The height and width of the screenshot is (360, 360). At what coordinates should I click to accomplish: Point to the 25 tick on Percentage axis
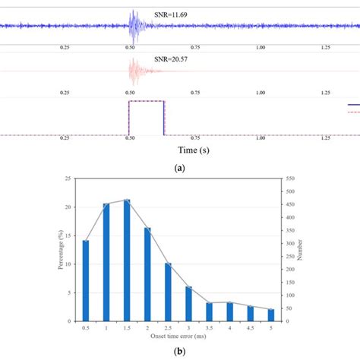click(x=70, y=178)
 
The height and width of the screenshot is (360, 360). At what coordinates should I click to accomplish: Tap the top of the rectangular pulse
click(x=147, y=100)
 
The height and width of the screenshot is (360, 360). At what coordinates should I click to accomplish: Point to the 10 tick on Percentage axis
click(x=70, y=264)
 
